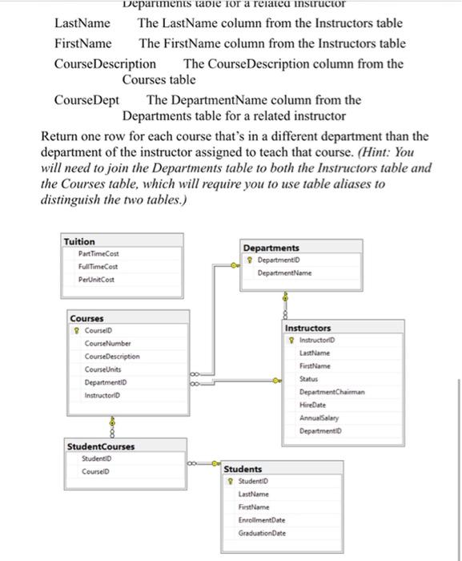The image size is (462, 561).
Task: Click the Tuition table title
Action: (79, 241)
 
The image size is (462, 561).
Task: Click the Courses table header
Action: (86, 318)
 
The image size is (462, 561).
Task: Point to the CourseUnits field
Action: (103, 369)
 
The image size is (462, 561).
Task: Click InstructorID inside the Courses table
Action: (103, 395)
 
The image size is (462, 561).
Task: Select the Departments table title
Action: (271, 248)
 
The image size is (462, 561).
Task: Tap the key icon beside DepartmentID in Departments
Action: (251, 260)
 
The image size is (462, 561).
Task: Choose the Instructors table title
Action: (307, 328)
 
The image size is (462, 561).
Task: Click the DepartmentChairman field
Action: (332, 392)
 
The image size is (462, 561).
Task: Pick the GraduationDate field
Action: (263, 533)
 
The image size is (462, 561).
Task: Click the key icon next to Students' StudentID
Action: (231, 481)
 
